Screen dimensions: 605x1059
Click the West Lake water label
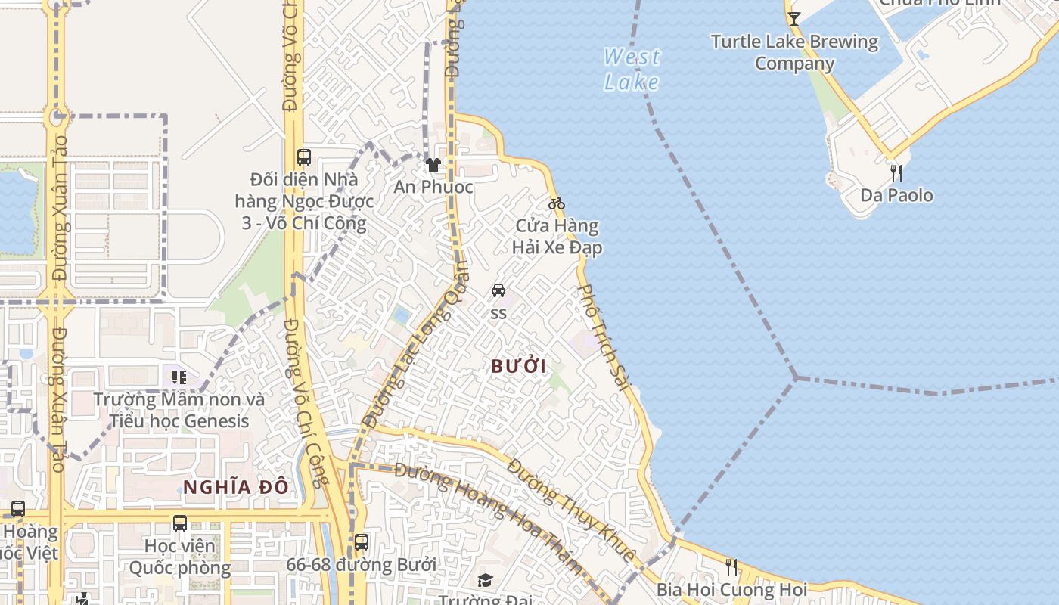click(x=632, y=69)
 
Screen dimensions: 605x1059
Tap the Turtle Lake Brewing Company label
click(x=794, y=52)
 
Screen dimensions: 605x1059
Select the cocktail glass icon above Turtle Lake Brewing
click(x=793, y=18)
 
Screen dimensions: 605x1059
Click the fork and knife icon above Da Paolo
click(x=896, y=172)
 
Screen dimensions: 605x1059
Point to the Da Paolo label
click(x=896, y=195)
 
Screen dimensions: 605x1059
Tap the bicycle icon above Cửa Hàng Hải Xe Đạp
click(x=557, y=203)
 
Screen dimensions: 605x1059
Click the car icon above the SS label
click(x=498, y=290)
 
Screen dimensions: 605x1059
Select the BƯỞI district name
click(x=518, y=366)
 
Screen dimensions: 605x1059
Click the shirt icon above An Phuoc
click(x=433, y=164)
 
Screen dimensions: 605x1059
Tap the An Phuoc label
click(x=433, y=187)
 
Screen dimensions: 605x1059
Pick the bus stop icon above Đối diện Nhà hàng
click(x=304, y=157)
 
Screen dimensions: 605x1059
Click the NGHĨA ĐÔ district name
click(x=236, y=487)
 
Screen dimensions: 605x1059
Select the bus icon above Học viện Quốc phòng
click(x=180, y=523)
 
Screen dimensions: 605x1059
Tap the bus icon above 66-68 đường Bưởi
click(x=362, y=541)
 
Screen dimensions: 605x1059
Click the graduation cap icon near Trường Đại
click(x=485, y=580)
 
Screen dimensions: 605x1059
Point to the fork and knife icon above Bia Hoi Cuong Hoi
click(x=731, y=566)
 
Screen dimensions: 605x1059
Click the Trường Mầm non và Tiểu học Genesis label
click(x=179, y=410)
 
